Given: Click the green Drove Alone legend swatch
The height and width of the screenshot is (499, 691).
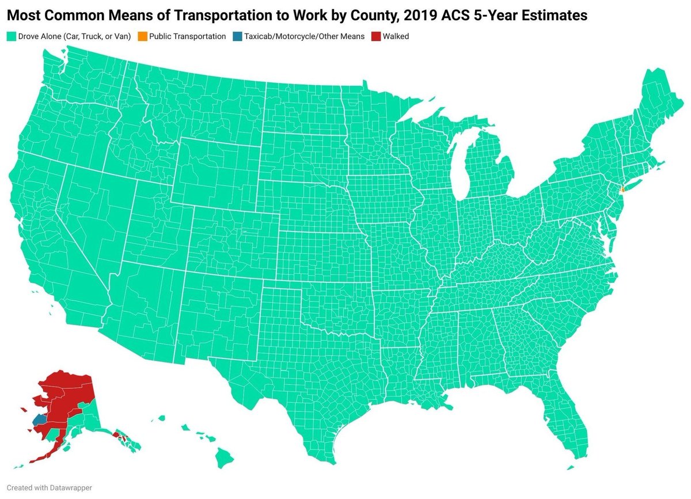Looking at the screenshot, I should [x=11, y=36].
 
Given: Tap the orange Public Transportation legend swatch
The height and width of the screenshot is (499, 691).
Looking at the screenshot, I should [x=142, y=36].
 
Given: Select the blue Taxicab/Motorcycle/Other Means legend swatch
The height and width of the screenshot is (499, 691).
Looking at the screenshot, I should [x=237, y=36].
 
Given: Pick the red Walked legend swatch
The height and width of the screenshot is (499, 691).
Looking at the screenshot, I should [x=375, y=36].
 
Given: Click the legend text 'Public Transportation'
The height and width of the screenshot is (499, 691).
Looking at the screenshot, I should [x=187, y=36].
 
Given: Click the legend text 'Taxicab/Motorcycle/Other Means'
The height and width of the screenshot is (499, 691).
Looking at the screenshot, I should [x=304, y=36].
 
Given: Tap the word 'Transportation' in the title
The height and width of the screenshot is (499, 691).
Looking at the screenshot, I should [x=212, y=16].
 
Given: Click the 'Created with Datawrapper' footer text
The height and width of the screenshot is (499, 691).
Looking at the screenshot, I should [x=50, y=487].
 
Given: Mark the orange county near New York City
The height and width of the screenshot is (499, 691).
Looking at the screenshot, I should [x=622, y=190].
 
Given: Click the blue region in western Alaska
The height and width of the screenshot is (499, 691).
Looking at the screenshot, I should [x=39, y=419].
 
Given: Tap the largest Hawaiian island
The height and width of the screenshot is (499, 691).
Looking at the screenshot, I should [x=225, y=459].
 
